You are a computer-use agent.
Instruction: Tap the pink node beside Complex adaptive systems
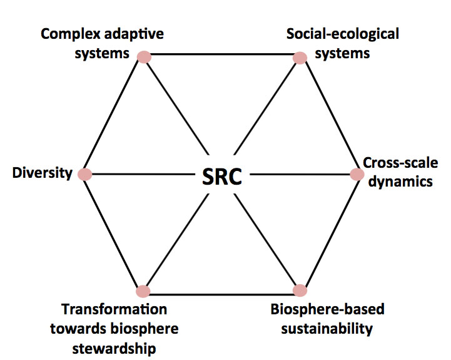144,56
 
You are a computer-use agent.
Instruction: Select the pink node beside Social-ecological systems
300,58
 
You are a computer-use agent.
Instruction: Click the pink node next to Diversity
84,174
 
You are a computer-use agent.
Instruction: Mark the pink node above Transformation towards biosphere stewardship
143,291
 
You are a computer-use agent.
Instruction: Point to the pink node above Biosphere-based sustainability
300,291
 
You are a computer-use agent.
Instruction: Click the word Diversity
43,173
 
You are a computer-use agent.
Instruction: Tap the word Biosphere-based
327,309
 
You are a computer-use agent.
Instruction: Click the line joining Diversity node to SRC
144,174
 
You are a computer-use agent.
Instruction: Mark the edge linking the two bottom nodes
221,293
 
